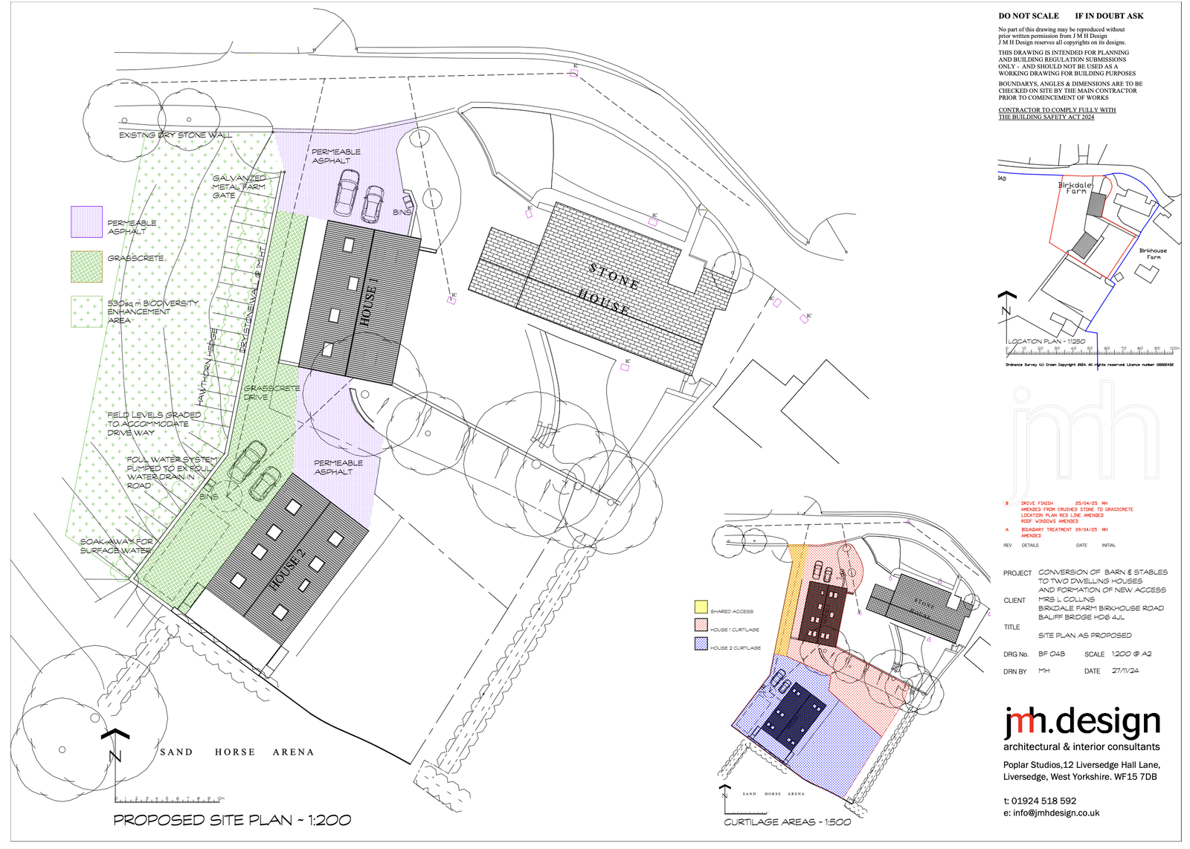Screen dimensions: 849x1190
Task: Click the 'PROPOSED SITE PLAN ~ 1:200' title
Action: (232, 820)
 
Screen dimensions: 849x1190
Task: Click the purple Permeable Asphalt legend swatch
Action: (86, 222)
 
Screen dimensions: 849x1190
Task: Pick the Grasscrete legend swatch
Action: (86, 266)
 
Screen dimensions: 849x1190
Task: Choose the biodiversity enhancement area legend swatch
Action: (86, 311)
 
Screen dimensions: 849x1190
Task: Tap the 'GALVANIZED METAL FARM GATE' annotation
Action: (239, 187)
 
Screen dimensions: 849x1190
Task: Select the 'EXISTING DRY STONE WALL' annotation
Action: (176, 135)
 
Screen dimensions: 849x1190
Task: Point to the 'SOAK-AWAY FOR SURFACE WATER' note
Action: (117, 546)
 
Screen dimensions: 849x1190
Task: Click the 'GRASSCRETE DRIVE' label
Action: (271, 393)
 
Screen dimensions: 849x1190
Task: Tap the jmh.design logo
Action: (1081, 723)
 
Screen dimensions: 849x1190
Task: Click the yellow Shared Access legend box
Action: (701, 607)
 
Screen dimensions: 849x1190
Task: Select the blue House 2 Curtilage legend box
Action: (701, 644)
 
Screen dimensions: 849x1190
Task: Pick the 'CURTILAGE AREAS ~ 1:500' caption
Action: (788, 821)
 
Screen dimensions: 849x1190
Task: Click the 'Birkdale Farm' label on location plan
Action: (1075, 188)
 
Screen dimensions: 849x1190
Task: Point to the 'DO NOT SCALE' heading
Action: (1029, 16)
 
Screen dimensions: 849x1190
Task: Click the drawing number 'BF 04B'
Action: (1052, 654)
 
